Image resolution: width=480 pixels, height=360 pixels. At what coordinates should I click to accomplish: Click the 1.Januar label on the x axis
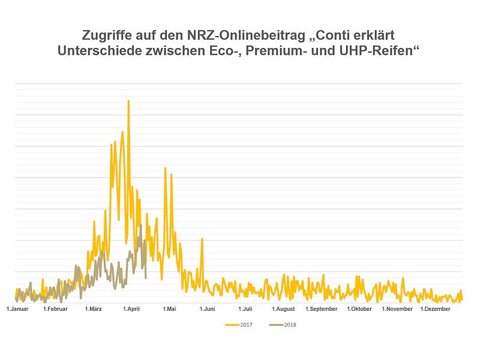point(18,309)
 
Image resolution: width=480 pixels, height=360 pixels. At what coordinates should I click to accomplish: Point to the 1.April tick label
point(131,309)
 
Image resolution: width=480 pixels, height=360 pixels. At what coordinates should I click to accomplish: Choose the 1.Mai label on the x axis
point(169,309)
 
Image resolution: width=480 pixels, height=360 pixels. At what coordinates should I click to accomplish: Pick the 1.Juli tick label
point(245,309)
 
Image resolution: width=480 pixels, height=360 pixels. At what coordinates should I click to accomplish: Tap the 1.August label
point(283,309)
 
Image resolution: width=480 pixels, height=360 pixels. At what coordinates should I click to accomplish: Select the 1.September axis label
point(322,309)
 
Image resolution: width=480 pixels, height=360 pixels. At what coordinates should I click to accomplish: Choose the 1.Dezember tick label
point(436,309)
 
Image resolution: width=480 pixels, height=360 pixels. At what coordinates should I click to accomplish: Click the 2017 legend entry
point(239,325)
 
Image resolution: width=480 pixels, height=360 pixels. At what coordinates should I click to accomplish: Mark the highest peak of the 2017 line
point(128,101)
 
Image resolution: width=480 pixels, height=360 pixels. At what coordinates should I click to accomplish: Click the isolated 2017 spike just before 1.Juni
point(202,239)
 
